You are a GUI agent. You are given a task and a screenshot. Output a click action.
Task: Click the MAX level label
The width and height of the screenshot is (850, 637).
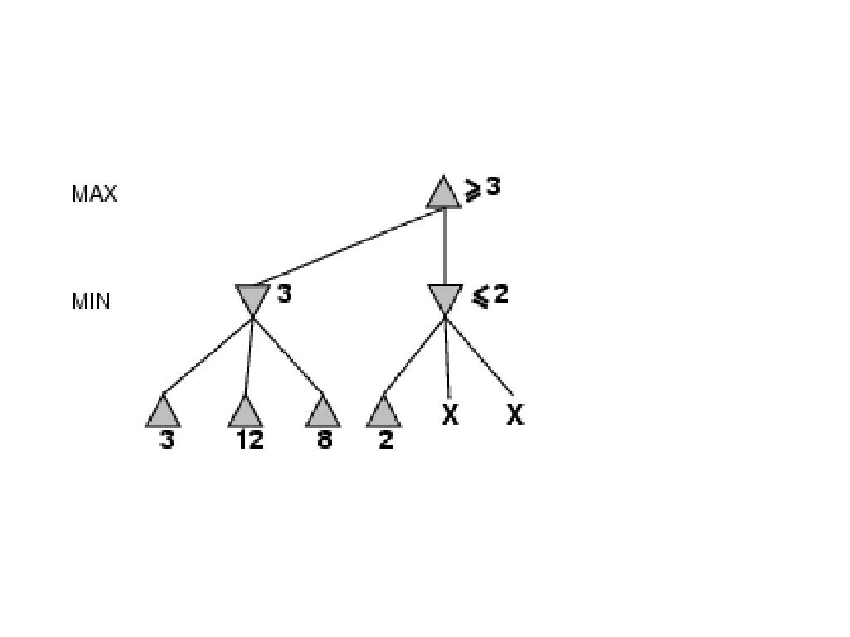click(x=95, y=194)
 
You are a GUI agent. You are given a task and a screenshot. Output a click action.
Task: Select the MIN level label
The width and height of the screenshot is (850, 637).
click(x=91, y=301)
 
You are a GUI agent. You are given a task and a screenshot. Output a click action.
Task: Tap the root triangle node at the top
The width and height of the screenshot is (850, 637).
click(x=443, y=194)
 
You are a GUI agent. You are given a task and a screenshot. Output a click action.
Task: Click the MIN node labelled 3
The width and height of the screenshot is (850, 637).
click(x=252, y=299)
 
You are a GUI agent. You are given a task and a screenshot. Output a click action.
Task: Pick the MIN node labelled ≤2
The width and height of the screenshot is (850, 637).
click(x=445, y=299)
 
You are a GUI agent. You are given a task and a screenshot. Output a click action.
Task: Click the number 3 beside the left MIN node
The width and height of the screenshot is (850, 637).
click(x=285, y=294)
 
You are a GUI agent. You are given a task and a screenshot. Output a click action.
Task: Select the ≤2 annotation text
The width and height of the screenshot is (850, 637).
click(x=491, y=294)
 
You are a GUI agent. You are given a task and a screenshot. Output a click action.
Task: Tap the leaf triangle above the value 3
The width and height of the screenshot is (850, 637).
click(x=163, y=412)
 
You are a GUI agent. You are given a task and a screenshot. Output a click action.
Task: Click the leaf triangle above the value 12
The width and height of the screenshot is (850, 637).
click(x=245, y=412)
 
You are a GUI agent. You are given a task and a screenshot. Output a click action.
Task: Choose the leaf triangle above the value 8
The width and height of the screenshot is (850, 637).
click(x=323, y=412)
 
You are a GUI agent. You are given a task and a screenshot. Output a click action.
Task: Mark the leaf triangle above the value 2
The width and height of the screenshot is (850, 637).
click(x=383, y=412)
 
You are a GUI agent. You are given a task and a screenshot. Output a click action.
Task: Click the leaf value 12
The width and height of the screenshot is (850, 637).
click(x=249, y=440)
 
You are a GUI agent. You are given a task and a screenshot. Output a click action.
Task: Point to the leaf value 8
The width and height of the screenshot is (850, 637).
click(x=324, y=440)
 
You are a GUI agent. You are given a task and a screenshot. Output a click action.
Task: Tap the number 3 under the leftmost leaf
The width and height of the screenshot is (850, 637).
click(x=167, y=440)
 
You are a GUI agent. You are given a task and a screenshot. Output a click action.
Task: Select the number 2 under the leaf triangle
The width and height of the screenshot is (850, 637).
click(x=385, y=440)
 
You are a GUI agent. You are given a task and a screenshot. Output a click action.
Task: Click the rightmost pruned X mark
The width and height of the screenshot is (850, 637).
click(x=515, y=415)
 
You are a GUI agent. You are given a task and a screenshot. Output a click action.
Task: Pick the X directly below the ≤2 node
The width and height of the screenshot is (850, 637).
click(x=449, y=415)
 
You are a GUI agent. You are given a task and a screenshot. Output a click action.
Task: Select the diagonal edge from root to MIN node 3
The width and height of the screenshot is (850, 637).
click(x=349, y=248)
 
